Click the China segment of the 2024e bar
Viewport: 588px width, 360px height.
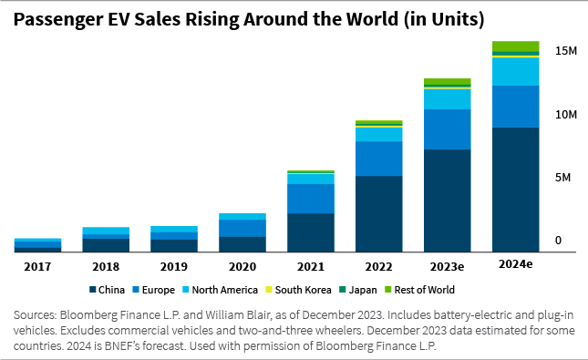(x=515, y=189)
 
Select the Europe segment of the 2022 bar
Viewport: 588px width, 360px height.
(x=378, y=159)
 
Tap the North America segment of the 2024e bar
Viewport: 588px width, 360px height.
(x=515, y=71)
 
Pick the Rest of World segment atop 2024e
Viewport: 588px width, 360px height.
(x=515, y=46)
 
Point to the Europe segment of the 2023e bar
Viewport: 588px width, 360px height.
(x=447, y=129)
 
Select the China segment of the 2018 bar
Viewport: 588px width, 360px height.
(x=106, y=244)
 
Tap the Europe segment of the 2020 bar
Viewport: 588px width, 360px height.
(x=242, y=228)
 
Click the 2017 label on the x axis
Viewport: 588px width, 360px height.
(x=37, y=265)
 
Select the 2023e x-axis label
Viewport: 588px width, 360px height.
(x=447, y=265)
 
